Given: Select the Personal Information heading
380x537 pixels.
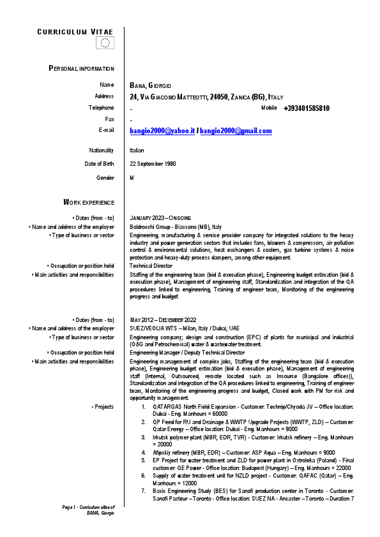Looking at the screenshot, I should click(x=82, y=68).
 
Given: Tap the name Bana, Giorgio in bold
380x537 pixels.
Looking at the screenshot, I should click(x=151, y=85).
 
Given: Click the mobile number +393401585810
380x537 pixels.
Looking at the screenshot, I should click(x=307, y=108).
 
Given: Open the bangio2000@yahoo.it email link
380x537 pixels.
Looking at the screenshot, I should click(x=162, y=131).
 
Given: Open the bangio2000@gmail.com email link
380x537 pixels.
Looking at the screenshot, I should click(x=236, y=131).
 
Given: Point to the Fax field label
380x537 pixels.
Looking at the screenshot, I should click(x=109, y=119).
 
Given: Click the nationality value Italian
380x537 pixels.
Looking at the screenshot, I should click(x=137, y=151).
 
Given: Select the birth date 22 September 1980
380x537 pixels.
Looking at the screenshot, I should click(x=153, y=164).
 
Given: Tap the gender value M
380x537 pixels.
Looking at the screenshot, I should click(x=132, y=177).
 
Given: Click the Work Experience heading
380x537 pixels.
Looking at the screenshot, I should click(x=89, y=202).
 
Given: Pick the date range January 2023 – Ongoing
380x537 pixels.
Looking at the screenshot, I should click(x=160, y=218).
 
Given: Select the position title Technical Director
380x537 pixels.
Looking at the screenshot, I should click(x=151, y=265).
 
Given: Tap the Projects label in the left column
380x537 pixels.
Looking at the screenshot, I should click(x=104, y=406).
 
